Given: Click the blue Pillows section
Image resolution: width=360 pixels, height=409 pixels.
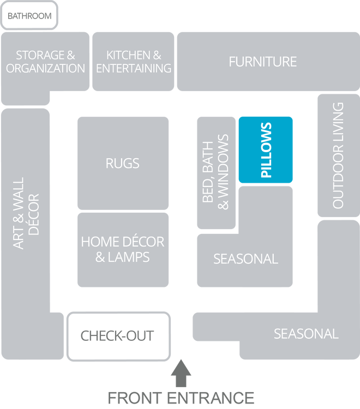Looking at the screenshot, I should click(x=266, y=150).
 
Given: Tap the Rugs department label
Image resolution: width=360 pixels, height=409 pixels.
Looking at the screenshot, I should click(x=123, y=163).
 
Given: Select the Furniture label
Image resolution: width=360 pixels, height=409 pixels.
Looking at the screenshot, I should click(x=262, y=62).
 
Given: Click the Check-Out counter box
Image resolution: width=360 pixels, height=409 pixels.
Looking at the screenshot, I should click(x=118, y=336).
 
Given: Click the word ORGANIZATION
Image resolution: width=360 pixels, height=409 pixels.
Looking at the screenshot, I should click(x=46, y=69).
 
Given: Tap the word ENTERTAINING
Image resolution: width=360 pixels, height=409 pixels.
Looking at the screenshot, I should click(x=134, y=69).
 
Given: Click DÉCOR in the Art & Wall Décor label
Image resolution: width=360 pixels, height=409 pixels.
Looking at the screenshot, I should click(x=34, y=214).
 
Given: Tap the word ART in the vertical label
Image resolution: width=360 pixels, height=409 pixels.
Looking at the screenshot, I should click(x=19, y=240).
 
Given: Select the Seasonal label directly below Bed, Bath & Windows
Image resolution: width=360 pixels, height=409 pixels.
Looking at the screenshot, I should click(x=245, y=258).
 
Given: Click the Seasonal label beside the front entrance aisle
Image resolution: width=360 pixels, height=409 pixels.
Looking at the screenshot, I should click(x=306, y=334).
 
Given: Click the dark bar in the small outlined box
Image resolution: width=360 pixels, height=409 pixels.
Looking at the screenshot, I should click(x=29, y=16).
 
